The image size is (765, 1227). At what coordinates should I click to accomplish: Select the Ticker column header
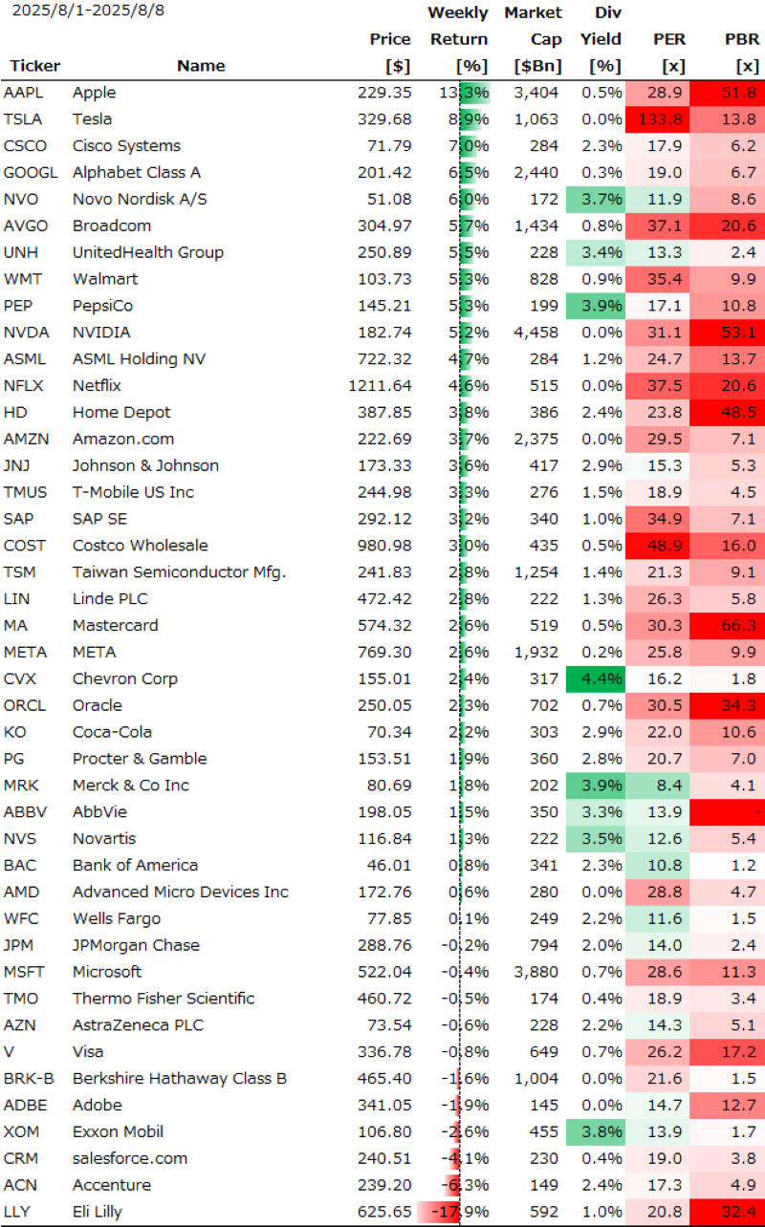34,66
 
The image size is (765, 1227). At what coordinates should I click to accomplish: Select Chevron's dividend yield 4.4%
601,679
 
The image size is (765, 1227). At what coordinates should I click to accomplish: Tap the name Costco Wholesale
140,546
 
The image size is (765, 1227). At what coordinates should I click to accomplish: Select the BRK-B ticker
31,1079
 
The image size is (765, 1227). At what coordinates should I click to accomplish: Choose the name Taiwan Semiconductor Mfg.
179,572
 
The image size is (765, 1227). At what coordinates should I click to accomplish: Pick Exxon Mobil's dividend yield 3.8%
601,1132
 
